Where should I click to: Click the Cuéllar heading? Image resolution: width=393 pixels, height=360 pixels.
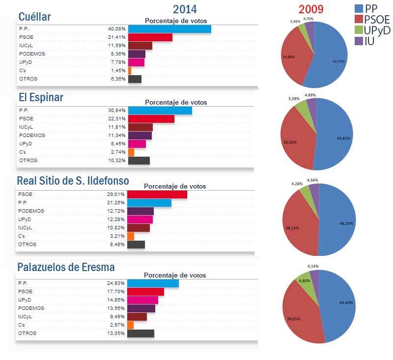34,17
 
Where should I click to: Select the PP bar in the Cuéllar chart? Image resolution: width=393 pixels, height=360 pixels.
169,29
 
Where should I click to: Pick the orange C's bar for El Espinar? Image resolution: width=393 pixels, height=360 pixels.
131,152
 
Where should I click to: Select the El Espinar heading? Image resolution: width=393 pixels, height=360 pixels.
41,97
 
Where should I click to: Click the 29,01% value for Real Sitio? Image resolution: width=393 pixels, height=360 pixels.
116,194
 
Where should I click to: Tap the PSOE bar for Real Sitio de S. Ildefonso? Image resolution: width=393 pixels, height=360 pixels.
157,194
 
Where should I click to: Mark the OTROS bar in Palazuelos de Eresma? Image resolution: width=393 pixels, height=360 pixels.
140,333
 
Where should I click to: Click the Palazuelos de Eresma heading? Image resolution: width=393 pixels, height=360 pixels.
66,268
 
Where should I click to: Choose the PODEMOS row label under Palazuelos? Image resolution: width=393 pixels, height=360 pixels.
31,308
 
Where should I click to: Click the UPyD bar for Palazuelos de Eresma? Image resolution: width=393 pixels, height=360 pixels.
142,300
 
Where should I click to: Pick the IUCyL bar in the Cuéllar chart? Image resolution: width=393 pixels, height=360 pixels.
140,46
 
